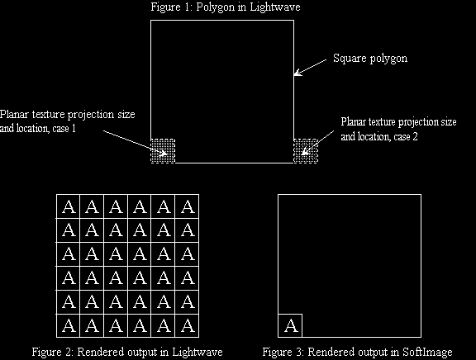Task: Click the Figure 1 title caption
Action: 226,7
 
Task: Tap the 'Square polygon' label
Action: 370,59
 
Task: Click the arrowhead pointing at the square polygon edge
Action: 297,73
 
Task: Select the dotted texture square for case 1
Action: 163,151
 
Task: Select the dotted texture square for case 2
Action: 306,151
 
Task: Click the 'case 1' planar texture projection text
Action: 68,121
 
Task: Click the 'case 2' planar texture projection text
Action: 398,129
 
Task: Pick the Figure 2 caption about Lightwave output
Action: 127,352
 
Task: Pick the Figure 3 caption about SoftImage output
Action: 357,352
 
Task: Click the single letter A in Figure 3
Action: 291,326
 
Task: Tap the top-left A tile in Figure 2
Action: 69,206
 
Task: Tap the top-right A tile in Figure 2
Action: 188,206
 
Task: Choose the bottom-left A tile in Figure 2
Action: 69,326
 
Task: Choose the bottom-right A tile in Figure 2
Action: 188,326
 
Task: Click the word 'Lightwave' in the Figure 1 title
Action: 275,7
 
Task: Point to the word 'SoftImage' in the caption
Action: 427,352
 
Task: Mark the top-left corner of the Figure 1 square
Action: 151,21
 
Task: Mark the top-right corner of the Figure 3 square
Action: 421,194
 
